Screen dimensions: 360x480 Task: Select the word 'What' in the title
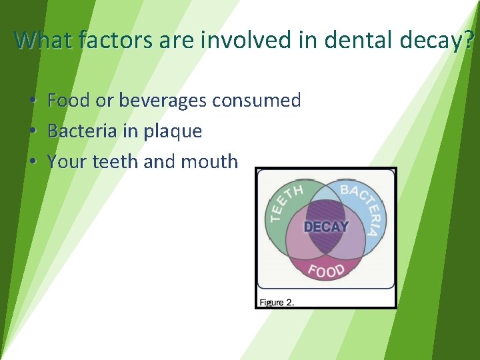coord(43,41)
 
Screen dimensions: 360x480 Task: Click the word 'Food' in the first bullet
coord(69,101)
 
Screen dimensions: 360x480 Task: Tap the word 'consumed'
coord(257,101)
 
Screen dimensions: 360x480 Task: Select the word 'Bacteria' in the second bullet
coord(83,131)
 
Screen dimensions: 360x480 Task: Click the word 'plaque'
coord(172,132)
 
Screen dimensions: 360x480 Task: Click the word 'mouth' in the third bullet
coord(211,161)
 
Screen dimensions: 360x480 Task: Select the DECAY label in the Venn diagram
coord(325,227)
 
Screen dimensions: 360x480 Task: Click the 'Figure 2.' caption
coord(277,302)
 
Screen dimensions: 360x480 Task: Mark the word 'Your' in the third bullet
coord(64,161)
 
